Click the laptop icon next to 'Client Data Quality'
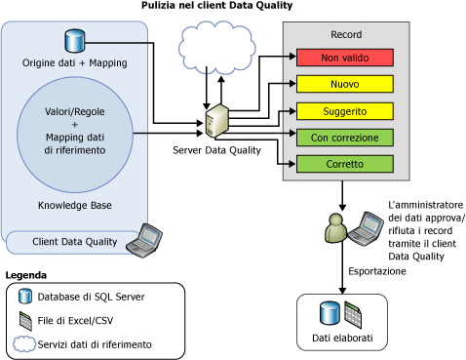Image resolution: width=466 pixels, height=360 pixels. [x=148, y=237]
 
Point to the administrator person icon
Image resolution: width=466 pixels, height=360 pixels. [x=332, y=232]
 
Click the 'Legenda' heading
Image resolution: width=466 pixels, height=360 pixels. [x=25, y=275]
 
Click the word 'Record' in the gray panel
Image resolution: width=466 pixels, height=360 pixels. [x=346, y=34]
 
